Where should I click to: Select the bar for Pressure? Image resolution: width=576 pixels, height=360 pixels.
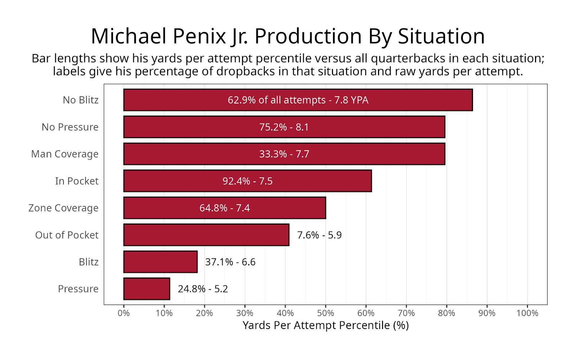click(x=147, y=289)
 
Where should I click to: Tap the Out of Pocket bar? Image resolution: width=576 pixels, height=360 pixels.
click(x=206, y=235)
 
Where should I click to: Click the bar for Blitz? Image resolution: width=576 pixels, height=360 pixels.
click(x=160, y=262)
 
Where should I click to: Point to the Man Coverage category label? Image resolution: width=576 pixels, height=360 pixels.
click(x=65, y=154)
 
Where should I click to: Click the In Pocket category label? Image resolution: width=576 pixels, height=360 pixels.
click(x=77, y=181)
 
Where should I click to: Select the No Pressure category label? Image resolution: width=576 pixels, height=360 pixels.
click(x=70, y=127)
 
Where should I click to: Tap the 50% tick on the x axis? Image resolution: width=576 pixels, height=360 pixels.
click(x=325, y=313)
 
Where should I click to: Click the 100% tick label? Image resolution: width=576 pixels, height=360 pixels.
click(x=527, y=313)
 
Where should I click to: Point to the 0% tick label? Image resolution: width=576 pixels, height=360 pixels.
click(x=123, y=313)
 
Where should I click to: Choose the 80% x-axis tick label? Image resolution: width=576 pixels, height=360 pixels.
click(x=446, y=313)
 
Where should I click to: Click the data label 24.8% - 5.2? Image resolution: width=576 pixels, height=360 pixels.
click(x=203, y=289)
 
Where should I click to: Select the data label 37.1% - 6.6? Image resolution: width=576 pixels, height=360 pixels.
click(x=230, y=262)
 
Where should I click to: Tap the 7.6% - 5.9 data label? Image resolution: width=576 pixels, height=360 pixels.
click(x=319, y=235)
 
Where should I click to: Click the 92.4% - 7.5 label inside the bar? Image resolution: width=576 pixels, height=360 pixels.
click(x=247, y=181)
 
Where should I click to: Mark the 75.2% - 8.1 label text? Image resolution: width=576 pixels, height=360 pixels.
click(x=284, y=127)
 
